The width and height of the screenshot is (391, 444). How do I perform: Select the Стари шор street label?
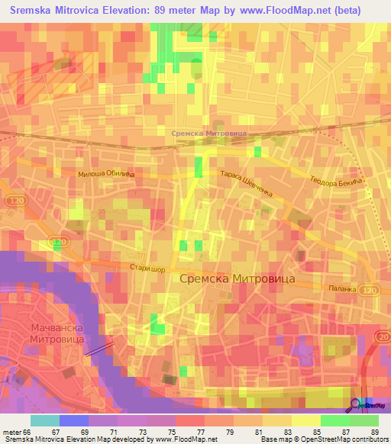(147, 267)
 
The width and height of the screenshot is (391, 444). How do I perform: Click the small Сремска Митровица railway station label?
(208, 133)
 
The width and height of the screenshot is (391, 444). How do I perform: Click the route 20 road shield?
(383, 336)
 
